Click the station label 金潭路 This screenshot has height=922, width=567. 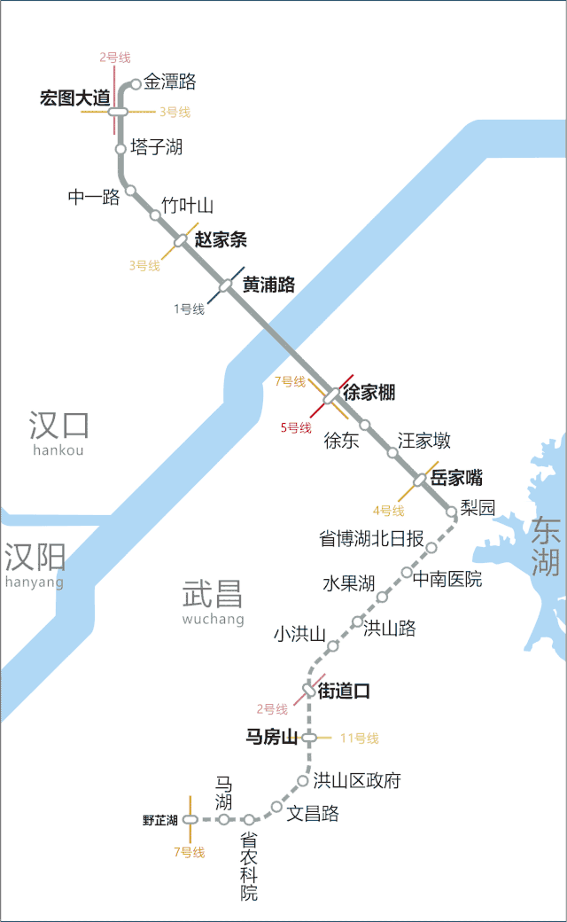pos(169,82)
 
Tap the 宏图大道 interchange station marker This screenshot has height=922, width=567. pos(119,112)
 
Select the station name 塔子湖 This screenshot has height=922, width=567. pos(156,147)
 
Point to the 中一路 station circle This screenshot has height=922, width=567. pos(130,190)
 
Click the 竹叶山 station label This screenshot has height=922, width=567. pos(187,207)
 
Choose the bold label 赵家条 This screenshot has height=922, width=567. pos(221,239)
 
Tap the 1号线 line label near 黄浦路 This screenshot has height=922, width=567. pos(189,309)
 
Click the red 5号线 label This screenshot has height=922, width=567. pos(296,428)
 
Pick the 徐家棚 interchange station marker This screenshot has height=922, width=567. pos(331,395)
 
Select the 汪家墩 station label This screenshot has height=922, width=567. pos(424,440)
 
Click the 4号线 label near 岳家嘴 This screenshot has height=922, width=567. pos(388,511)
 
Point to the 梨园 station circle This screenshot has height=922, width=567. pos(452,511)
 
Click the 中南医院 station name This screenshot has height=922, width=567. pos(447,579)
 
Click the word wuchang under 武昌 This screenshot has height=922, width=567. pos(213,620)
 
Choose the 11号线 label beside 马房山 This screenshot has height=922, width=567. pos(359,738)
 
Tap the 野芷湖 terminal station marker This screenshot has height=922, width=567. pos(190,820)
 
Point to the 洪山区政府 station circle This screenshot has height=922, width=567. pos(303,781)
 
